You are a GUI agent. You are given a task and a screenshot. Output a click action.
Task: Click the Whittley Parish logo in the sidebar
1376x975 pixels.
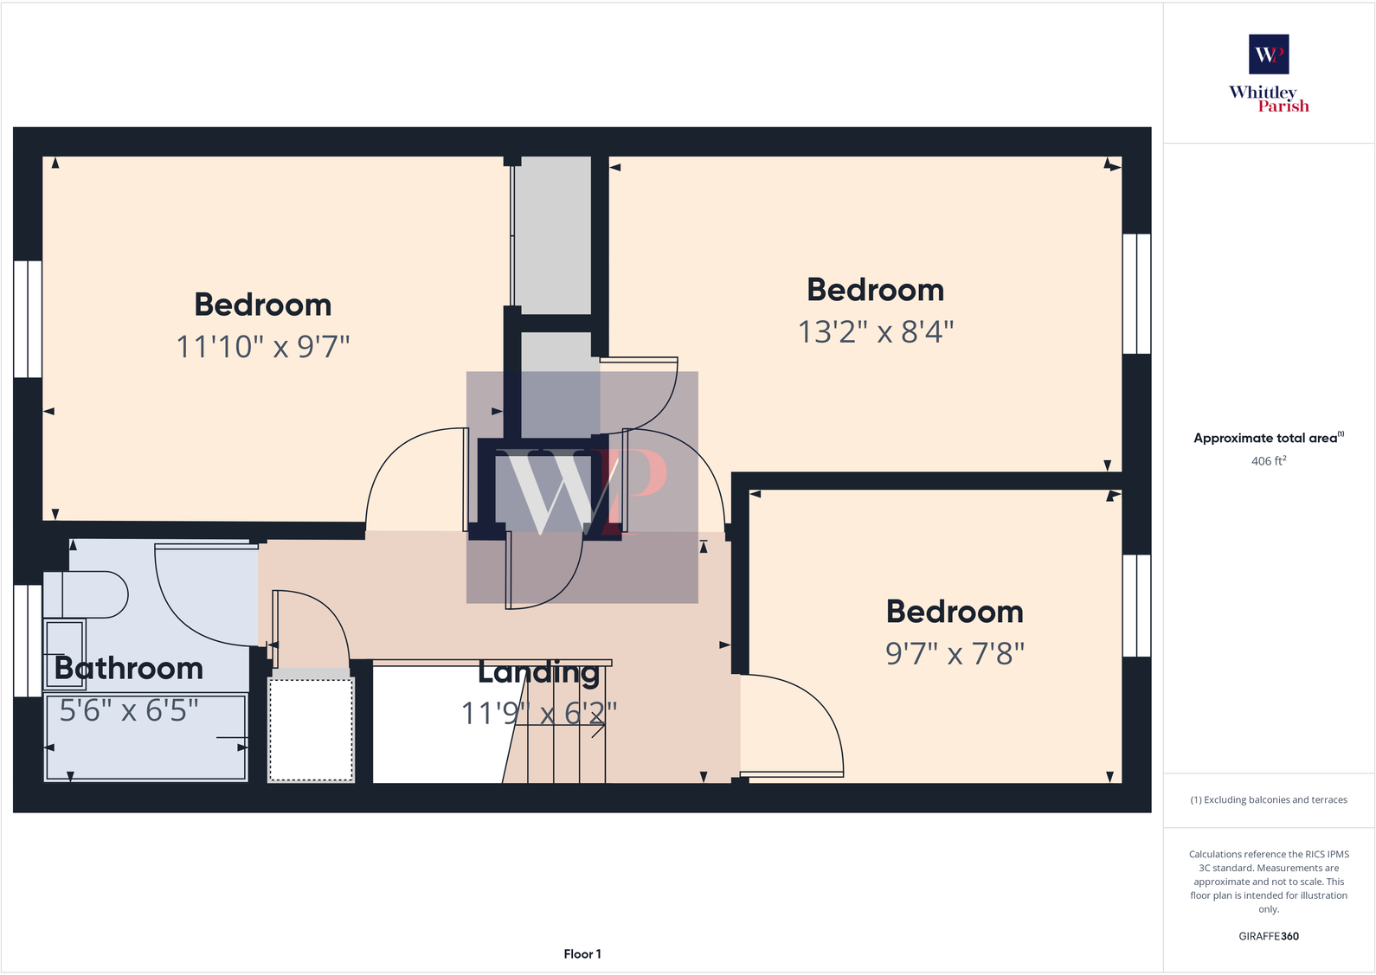tap(1269, 74)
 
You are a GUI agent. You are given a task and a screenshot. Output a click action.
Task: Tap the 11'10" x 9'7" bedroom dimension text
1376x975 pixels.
tap(263, 347)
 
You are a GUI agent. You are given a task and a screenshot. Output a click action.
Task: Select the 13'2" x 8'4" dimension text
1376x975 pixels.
tap(875, 332)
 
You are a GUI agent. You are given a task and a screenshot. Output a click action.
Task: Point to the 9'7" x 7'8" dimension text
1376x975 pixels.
tap(955, 654)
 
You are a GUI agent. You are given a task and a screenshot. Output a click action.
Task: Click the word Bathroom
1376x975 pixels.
tap(129, 669)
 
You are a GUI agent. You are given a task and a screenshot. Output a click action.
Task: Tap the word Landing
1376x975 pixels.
tap(538, 672)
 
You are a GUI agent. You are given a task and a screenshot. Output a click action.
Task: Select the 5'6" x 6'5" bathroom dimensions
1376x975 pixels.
tap(129, 711)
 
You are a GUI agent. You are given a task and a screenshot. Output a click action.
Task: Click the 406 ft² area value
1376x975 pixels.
tap(1268, 461)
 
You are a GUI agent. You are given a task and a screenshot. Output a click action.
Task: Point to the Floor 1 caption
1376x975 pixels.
tap(582, 954)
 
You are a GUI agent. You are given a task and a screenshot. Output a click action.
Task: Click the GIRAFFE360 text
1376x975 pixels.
tap(1268, 936)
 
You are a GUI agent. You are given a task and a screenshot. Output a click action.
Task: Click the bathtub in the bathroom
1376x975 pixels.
tap(145, 738)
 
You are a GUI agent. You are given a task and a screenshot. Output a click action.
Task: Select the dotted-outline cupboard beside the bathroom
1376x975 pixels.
tap(311, 729)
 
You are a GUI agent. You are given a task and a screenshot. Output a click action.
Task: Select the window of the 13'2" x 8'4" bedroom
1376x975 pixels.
tap(1136, 294)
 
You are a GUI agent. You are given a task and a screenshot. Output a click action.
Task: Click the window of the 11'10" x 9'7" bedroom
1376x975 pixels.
tap(28, 319)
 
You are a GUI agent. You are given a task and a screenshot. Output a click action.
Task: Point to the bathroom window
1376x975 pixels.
tap(28, 640)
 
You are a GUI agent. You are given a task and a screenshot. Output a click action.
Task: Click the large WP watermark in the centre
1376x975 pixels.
tap(582, 487)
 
